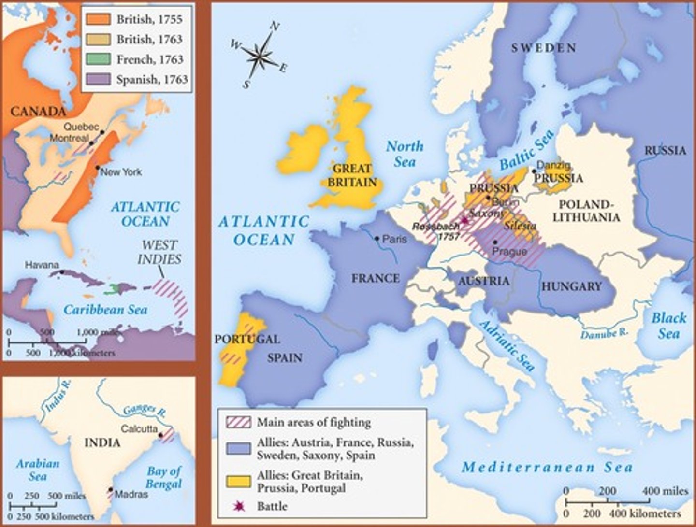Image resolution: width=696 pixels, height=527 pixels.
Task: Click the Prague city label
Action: [509, 251]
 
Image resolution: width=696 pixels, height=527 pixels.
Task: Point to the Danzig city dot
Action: [534, 171]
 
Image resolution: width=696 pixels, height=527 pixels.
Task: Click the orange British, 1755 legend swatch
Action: [98, 19]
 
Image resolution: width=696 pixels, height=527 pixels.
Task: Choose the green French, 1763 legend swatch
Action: [98, 59]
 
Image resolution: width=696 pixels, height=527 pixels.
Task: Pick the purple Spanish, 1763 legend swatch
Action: [98, 79]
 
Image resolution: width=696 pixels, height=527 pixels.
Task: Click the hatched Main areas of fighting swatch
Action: [238, 422]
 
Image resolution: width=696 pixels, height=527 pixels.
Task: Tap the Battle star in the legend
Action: [238, 506]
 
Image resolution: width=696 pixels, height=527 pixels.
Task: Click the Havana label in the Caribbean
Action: [42, 265]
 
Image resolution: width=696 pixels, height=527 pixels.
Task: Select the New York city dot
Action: [98, 168]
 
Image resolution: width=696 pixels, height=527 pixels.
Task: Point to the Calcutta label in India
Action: [139, 428]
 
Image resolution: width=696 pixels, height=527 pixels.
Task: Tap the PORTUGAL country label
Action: [247, 339]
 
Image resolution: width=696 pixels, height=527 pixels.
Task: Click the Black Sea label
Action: [668, 326]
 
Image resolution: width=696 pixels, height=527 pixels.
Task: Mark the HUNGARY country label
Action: [571, 286]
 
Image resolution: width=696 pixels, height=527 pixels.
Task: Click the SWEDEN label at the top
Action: [544, 48]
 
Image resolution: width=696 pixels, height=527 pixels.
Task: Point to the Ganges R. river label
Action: [140, 410]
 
